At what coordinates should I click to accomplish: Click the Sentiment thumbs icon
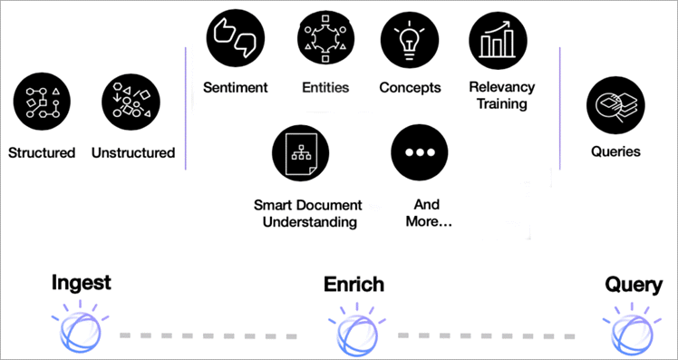point(236,39)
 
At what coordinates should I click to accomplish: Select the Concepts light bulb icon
point(409,39)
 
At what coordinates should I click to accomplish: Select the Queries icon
point(615,102)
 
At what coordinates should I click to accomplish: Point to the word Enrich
point(354,285)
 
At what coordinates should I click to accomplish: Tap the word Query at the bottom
point(634,286)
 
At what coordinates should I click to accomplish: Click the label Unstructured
point(133,152)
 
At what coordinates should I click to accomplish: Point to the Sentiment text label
point(236,88)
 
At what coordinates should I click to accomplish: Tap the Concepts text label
point(410,88)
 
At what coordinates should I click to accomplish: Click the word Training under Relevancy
point(501,104)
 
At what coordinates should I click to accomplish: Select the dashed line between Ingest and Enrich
point(208,335)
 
